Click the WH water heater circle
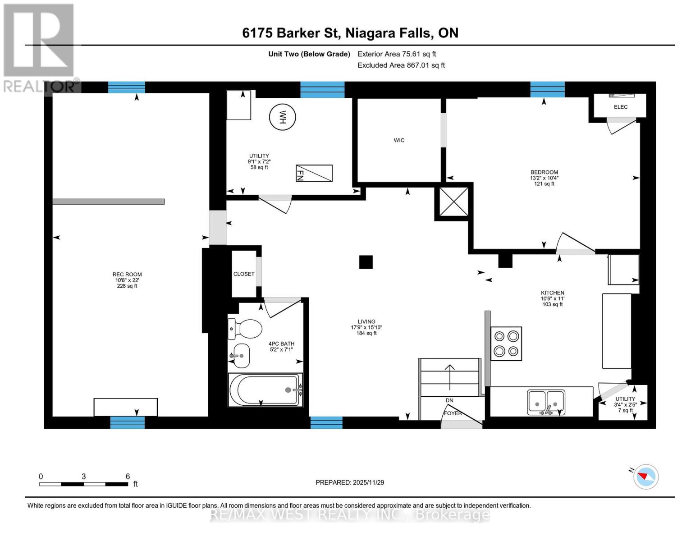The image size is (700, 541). [x=283, y=117]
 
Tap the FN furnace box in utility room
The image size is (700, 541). [x=314, y=173]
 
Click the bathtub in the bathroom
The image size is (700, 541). [x=265, y=390]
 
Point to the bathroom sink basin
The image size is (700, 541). [x=240, y=356]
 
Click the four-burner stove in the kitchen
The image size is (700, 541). [x=506, y=344]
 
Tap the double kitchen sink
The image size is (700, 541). [x=546, y=402]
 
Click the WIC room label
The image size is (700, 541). [x=399, y=140]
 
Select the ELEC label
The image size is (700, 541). [x=621, y=107]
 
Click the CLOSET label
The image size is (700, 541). [x=244, y=274]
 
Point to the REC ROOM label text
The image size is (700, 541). [x=127, y=274]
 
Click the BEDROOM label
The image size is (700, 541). [x=544, y=172]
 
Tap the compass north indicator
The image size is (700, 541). [x=646, y=477]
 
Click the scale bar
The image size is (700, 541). [x=83, y=484]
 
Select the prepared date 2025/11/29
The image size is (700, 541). [x=350, y=482]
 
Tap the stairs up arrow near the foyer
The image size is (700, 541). [x=450, y=377]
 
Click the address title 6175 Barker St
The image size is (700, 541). [x=350, y=33]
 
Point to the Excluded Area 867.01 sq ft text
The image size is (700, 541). [x=401, y=65]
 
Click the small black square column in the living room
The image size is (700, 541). [x=366, y=262]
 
